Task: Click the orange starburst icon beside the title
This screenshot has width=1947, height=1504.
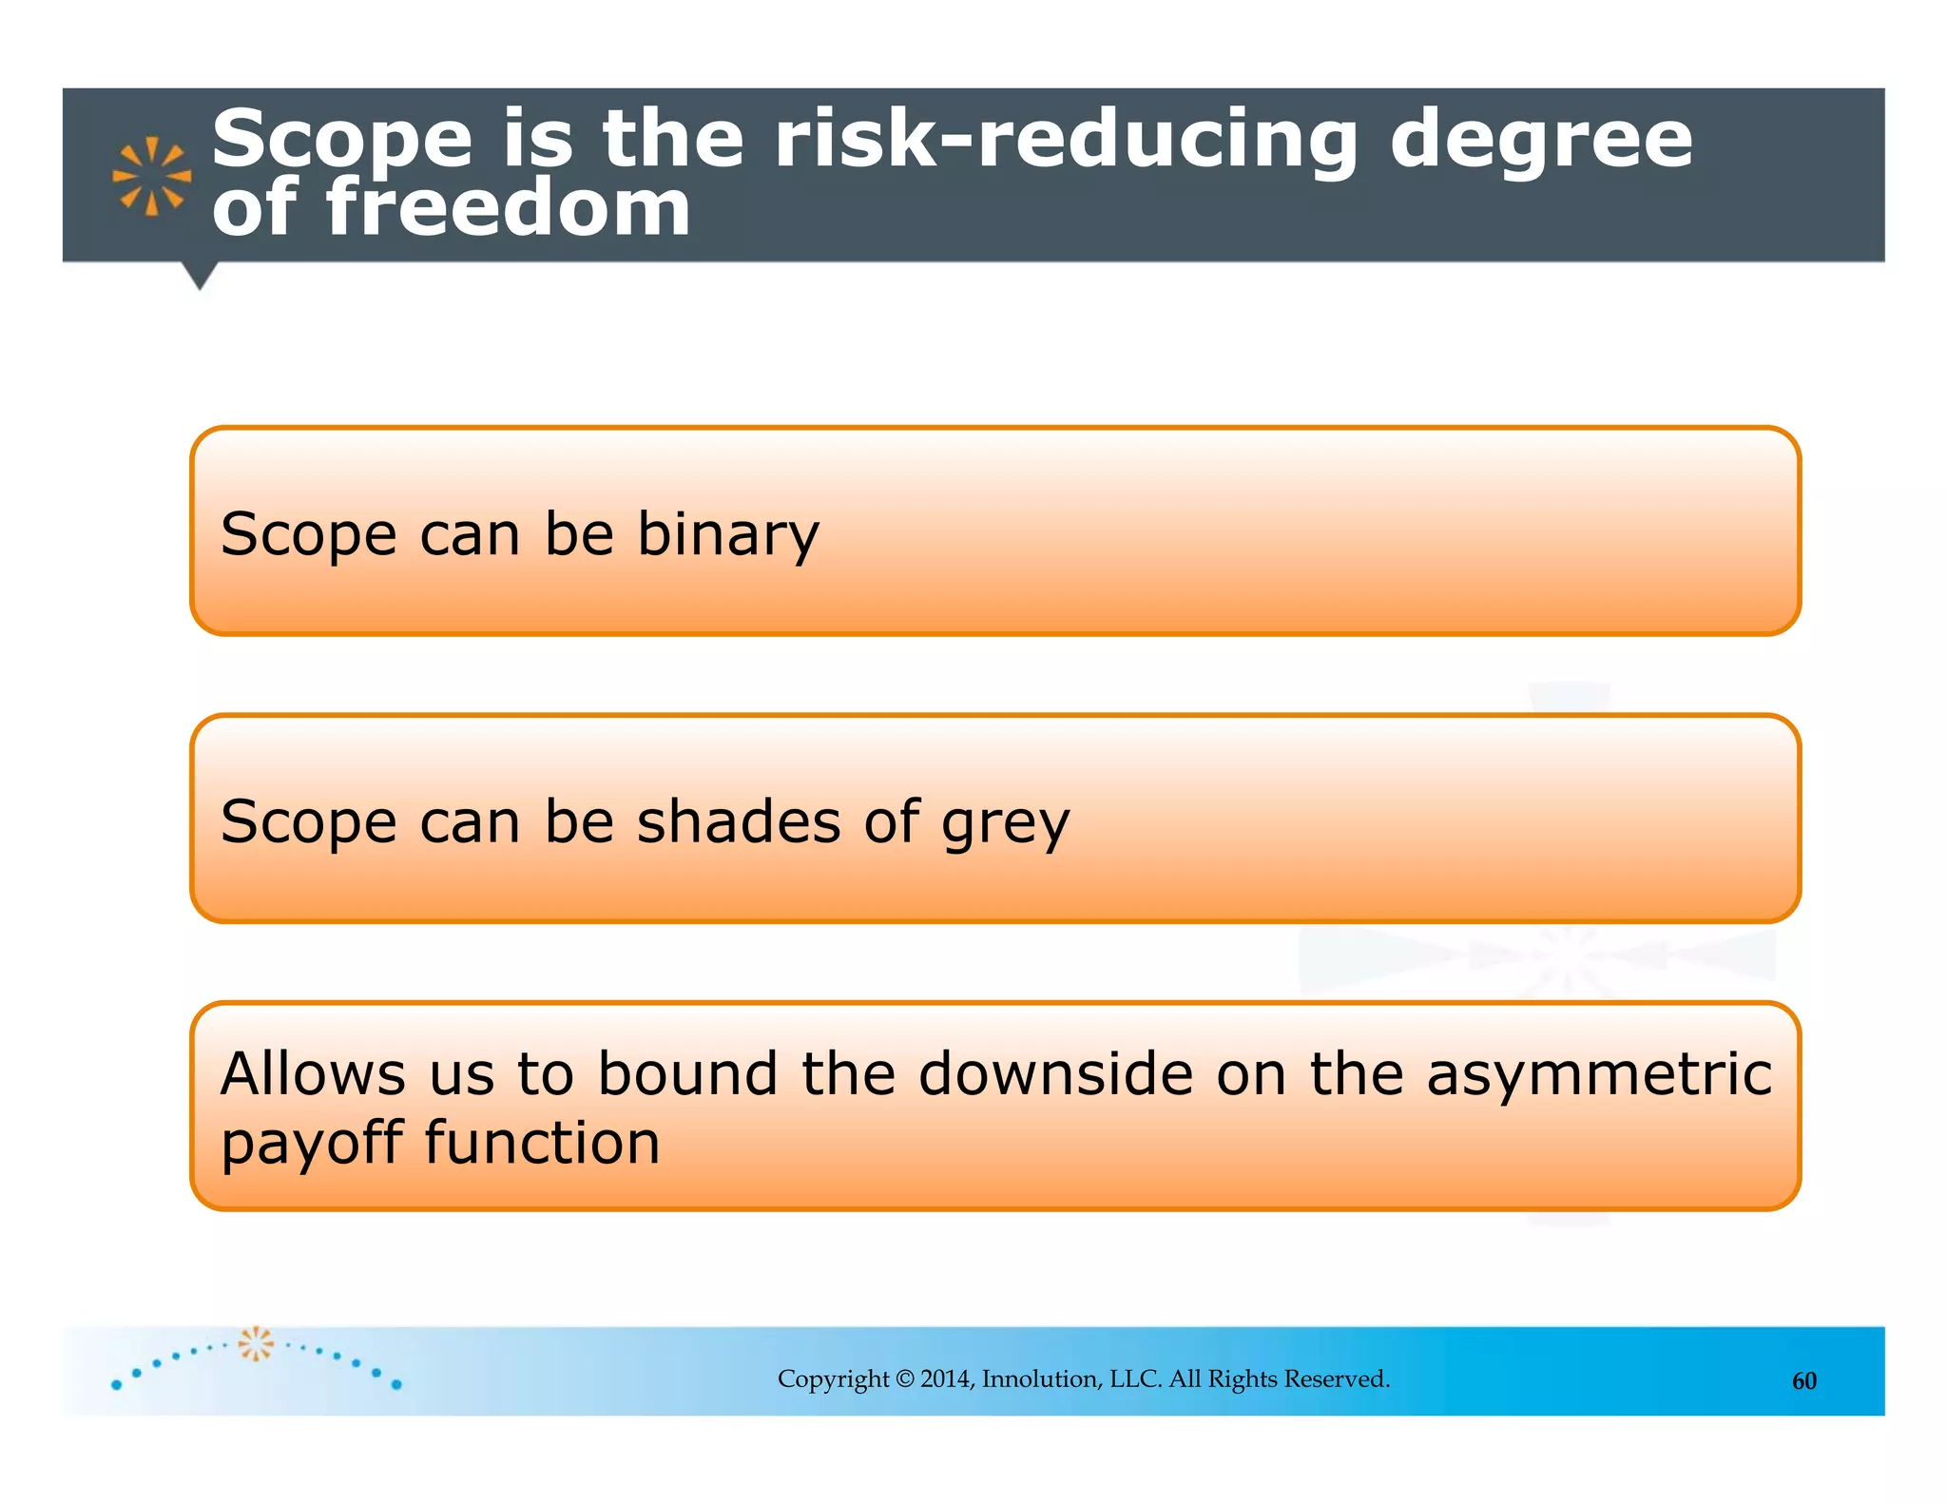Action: [151, 176]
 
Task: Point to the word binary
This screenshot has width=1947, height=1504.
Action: [727, 534]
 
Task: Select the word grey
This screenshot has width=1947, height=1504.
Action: [1005, 823]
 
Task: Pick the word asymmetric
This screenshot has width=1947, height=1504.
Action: [1599, 1075]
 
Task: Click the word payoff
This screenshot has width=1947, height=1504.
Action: [312, 1143]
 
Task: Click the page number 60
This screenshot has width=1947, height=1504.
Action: [1803, 1381]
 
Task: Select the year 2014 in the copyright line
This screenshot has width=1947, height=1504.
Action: [946, 1379]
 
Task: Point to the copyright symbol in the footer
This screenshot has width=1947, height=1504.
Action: [904, 1379]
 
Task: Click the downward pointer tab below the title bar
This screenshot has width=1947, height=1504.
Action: [200, 276]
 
